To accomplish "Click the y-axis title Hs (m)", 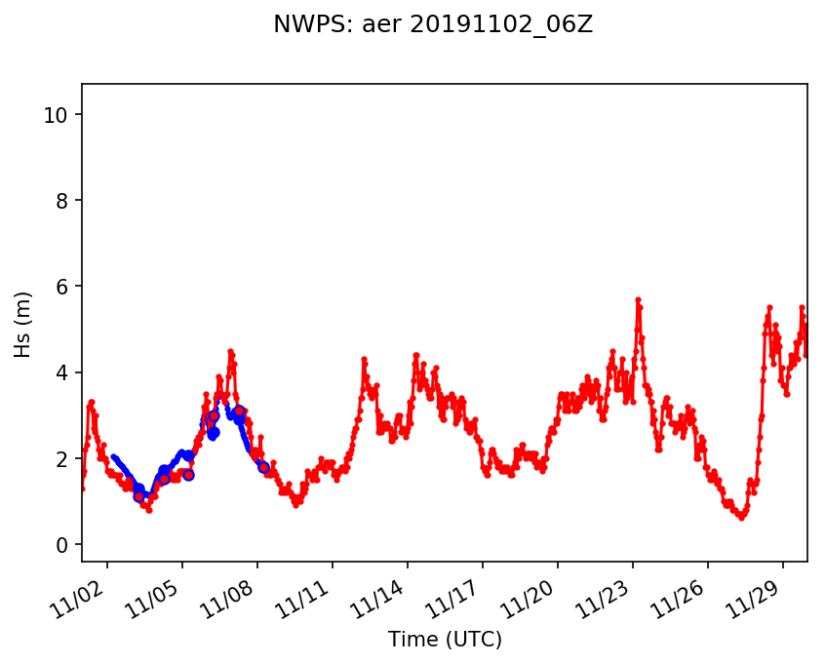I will click(23, 324).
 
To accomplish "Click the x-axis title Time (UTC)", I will click(445, 640).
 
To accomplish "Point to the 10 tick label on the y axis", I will click(56, 115).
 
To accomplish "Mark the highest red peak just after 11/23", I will click(638, 299).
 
